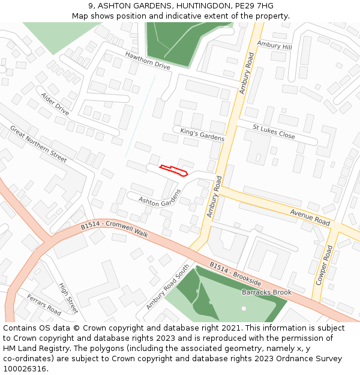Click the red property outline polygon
[174, 170]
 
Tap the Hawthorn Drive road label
[148, 61]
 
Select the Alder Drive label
[55, 104]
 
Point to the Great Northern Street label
[38, 144]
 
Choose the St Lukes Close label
[274, 132]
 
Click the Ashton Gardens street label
[160, 198]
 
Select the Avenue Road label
[310, 217]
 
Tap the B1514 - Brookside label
[235, 273]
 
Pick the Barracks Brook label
[266, 292]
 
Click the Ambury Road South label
[167, 287]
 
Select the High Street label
[68, 298]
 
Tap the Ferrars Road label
[44, 305]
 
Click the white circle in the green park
[244, 308]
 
